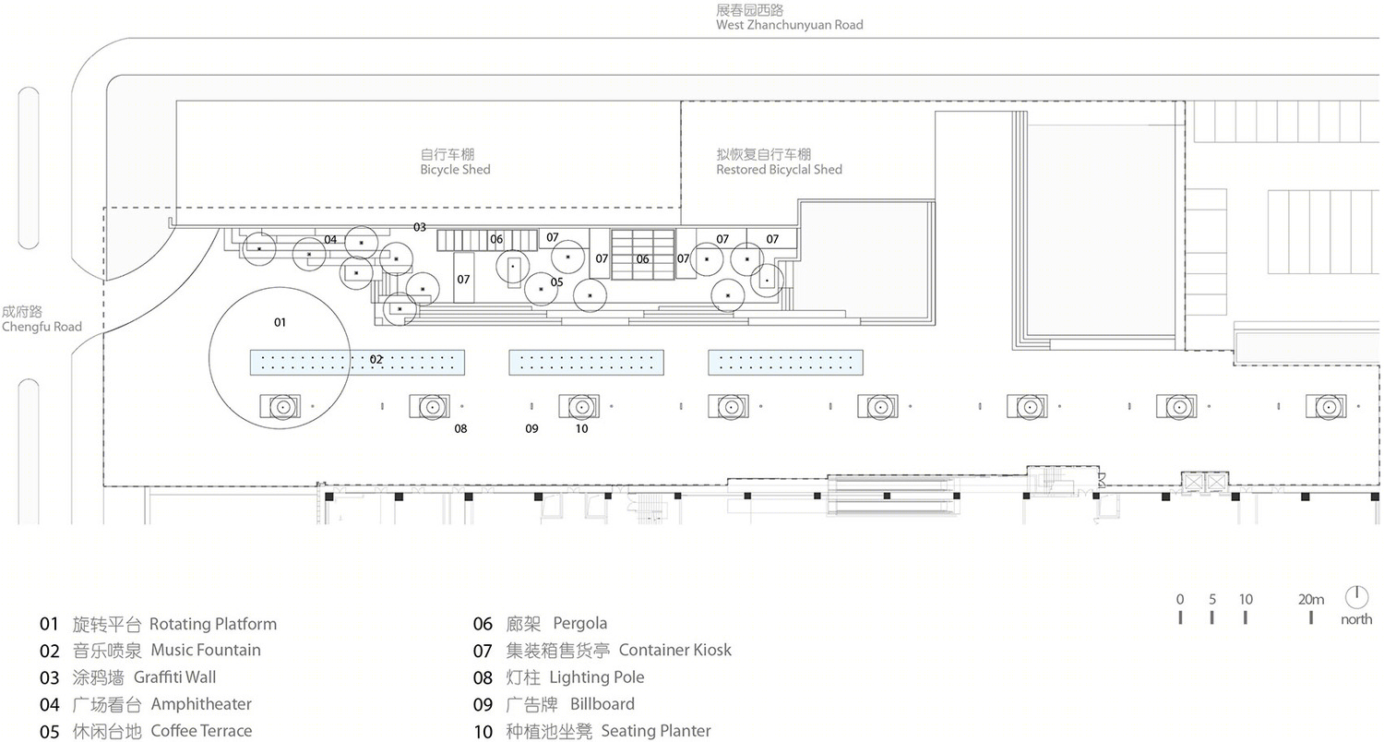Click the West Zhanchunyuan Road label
tap(789, 25)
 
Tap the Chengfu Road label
tap(42, 327)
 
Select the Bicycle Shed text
tap(455, 169)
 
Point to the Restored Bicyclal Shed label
tap(779, 169)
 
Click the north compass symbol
tap(1356, 597)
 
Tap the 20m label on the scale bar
tap(1310, 599)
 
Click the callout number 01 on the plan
tap(280, 322)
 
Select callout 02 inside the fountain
tap(376, 360)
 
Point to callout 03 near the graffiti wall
tap(420, 227)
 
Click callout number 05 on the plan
tap(556, 282)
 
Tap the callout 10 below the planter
tap(581, 429)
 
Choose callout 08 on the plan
tap(460, 429)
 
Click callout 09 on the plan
tap(531, 429)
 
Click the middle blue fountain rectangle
tap(586, 363)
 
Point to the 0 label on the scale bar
tap(1180, 599)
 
